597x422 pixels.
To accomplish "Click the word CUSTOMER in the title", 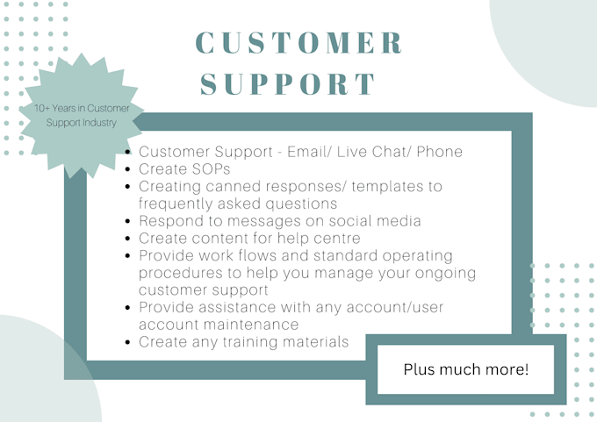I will [x=298, y=42].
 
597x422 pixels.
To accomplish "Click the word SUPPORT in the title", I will [x=289, y=83].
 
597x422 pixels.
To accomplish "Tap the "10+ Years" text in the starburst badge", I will [x=58, y=108].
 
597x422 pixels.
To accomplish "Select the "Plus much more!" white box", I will [x=466, y=369].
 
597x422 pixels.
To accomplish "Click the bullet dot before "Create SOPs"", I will [x=129, y=169].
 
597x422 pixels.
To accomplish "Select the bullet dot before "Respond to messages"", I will [x=129, y=221].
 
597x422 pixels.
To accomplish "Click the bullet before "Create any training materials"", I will [x=129, y=342].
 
